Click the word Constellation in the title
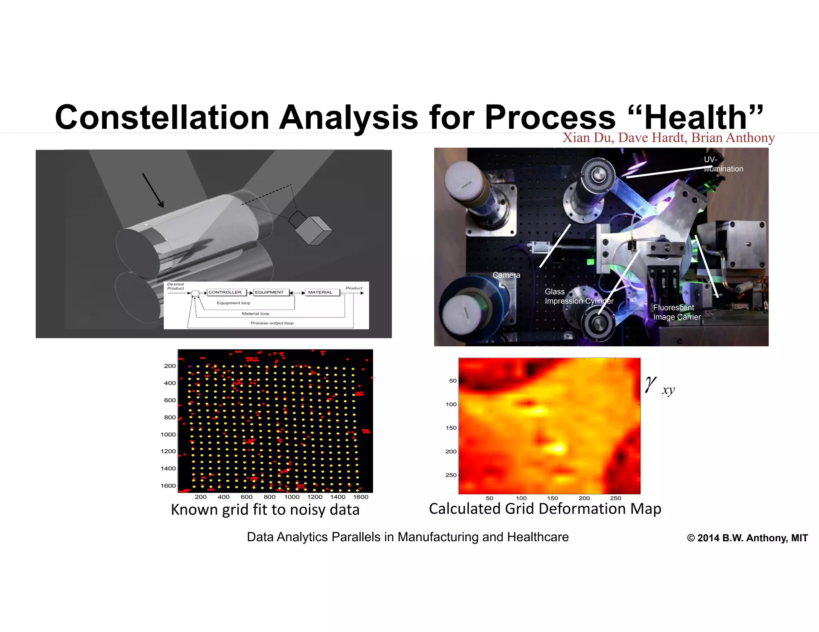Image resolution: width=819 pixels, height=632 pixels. pos(162,117)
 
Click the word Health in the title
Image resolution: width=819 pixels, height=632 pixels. pos(695,117)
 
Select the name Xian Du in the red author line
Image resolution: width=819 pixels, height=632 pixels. pos(587,138)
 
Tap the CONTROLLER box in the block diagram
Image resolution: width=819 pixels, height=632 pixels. pos(225,292)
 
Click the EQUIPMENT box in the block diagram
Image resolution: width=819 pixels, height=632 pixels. pos(269,292)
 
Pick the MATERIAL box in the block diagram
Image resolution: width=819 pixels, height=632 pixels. pos(320,292)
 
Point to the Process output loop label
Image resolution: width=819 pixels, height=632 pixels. pos(272,323)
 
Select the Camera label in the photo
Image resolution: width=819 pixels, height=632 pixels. pos(506,275)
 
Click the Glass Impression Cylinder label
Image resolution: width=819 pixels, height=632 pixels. pos(578,296)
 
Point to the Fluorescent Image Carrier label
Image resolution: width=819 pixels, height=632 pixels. pos(677,312)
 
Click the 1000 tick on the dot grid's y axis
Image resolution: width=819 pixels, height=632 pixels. pos(168,435)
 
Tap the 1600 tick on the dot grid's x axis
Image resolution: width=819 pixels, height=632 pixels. pos(360,497)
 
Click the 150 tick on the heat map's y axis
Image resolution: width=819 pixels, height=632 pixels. pos(451,428)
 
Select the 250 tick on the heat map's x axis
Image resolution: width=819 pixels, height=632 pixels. pos(615,498)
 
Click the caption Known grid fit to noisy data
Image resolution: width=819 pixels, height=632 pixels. pos(265,510)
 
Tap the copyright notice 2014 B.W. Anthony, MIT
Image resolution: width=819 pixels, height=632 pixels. pos(747,538)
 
